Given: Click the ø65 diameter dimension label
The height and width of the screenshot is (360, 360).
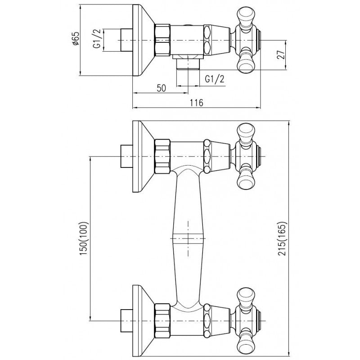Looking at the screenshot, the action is point(75,38).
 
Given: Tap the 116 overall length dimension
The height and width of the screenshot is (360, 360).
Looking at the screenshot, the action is point(197,103).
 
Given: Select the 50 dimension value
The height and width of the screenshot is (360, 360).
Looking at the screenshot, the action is point(161,88).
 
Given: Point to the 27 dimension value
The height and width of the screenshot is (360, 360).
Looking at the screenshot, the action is point(281,54).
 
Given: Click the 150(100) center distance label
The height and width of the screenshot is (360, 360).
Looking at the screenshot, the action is point(84,238).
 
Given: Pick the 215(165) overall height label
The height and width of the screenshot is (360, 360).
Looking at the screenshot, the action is point(282,238).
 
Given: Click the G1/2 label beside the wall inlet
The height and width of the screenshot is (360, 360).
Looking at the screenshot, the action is point(97,38).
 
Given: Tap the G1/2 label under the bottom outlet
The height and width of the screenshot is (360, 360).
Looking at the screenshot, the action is point(215,79).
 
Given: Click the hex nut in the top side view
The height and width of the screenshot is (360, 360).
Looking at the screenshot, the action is point(162,40).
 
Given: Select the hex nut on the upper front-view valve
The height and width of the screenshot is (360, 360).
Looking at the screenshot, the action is point(162,156).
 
